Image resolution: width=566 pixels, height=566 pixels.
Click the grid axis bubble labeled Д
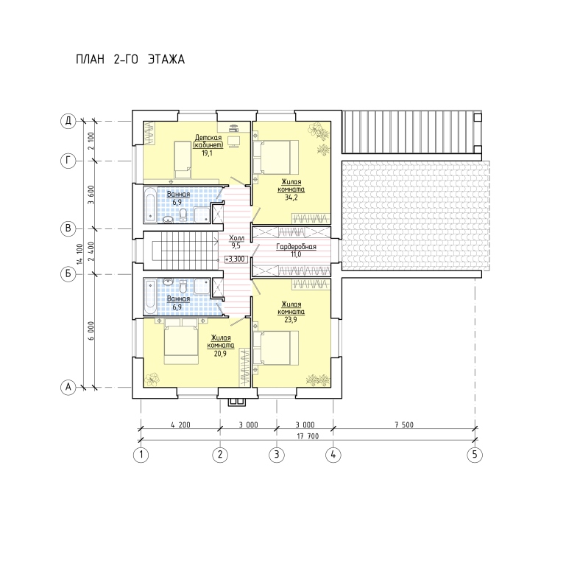click(x=68, y=121)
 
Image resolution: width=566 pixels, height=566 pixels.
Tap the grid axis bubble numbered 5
click(x=475, y=454)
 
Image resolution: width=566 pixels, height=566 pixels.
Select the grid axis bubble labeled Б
click(x=68, y=274)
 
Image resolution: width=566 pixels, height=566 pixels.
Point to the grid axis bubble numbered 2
click(x=220, y=454)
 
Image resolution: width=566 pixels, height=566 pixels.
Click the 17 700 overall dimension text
click(x=308, y=436)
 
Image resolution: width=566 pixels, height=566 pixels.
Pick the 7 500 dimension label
click(x=404, y=424)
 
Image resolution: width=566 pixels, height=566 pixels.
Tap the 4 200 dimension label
click(x=180, y=424)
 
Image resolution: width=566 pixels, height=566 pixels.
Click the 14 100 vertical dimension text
click(x=79, y=254)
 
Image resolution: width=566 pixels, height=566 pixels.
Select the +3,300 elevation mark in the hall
click(x=235, y=259)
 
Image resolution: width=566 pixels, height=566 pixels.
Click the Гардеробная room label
click(x=296, y=246)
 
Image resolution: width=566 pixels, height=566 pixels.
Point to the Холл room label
click(x=236, y=238)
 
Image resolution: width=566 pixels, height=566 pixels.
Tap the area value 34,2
click(x=291, y=198)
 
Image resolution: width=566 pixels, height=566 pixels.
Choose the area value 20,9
click(x=220, y=354)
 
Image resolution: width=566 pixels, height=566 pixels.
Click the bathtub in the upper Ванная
click(x=150, y=205)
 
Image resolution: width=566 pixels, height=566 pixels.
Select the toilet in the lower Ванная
click(x=183, y=287)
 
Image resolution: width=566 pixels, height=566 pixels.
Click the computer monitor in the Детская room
click(x=234, y=141)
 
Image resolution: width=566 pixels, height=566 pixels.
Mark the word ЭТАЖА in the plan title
click(x=166, y=59)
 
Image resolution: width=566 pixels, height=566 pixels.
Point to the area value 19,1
click(x=207, y=153)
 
